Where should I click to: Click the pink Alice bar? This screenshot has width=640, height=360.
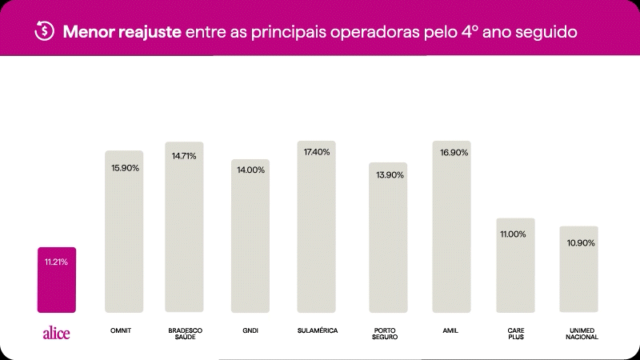coord(57,280)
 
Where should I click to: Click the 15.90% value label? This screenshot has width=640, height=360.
coord(125,168)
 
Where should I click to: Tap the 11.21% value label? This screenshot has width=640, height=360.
coord(56,262)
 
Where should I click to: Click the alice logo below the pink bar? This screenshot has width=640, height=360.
coord(56,334)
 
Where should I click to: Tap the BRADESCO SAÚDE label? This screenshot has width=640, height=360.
coord(184,334)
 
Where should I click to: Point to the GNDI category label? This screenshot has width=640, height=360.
coord(250,330)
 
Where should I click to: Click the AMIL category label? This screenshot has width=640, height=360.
coord(450,330)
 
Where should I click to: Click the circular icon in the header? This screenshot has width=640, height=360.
coord(44,31)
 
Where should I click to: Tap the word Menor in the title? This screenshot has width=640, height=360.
coord(88,32)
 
